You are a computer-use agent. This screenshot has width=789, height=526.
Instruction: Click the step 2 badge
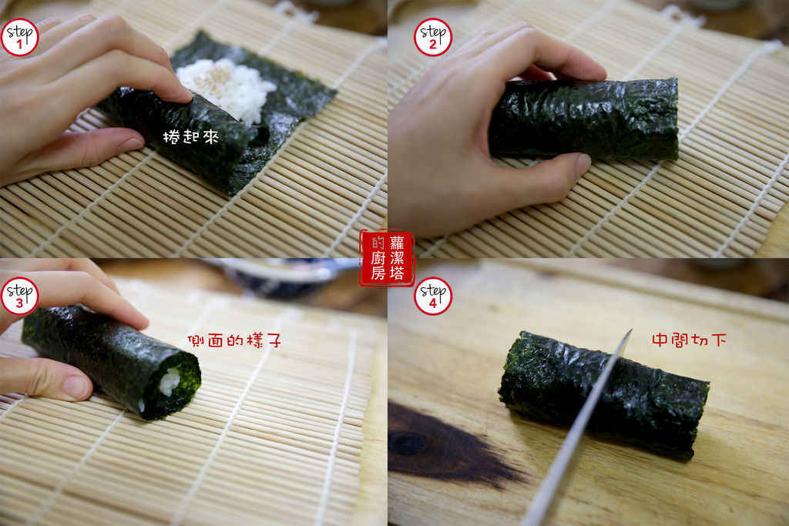pos(433,37)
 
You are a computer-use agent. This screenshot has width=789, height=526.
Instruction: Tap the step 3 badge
pos(19,296)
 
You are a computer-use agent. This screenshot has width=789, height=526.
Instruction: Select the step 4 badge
pos(433,296)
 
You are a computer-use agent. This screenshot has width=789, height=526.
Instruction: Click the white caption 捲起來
pos(191,136)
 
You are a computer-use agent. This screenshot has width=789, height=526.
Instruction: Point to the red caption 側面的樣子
pos(233,340)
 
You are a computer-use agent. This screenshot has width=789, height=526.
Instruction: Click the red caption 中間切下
pos(688,340)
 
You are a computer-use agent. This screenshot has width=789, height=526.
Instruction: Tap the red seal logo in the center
pos(386,258)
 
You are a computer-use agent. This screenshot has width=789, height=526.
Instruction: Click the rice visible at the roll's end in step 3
pos(170,381)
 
